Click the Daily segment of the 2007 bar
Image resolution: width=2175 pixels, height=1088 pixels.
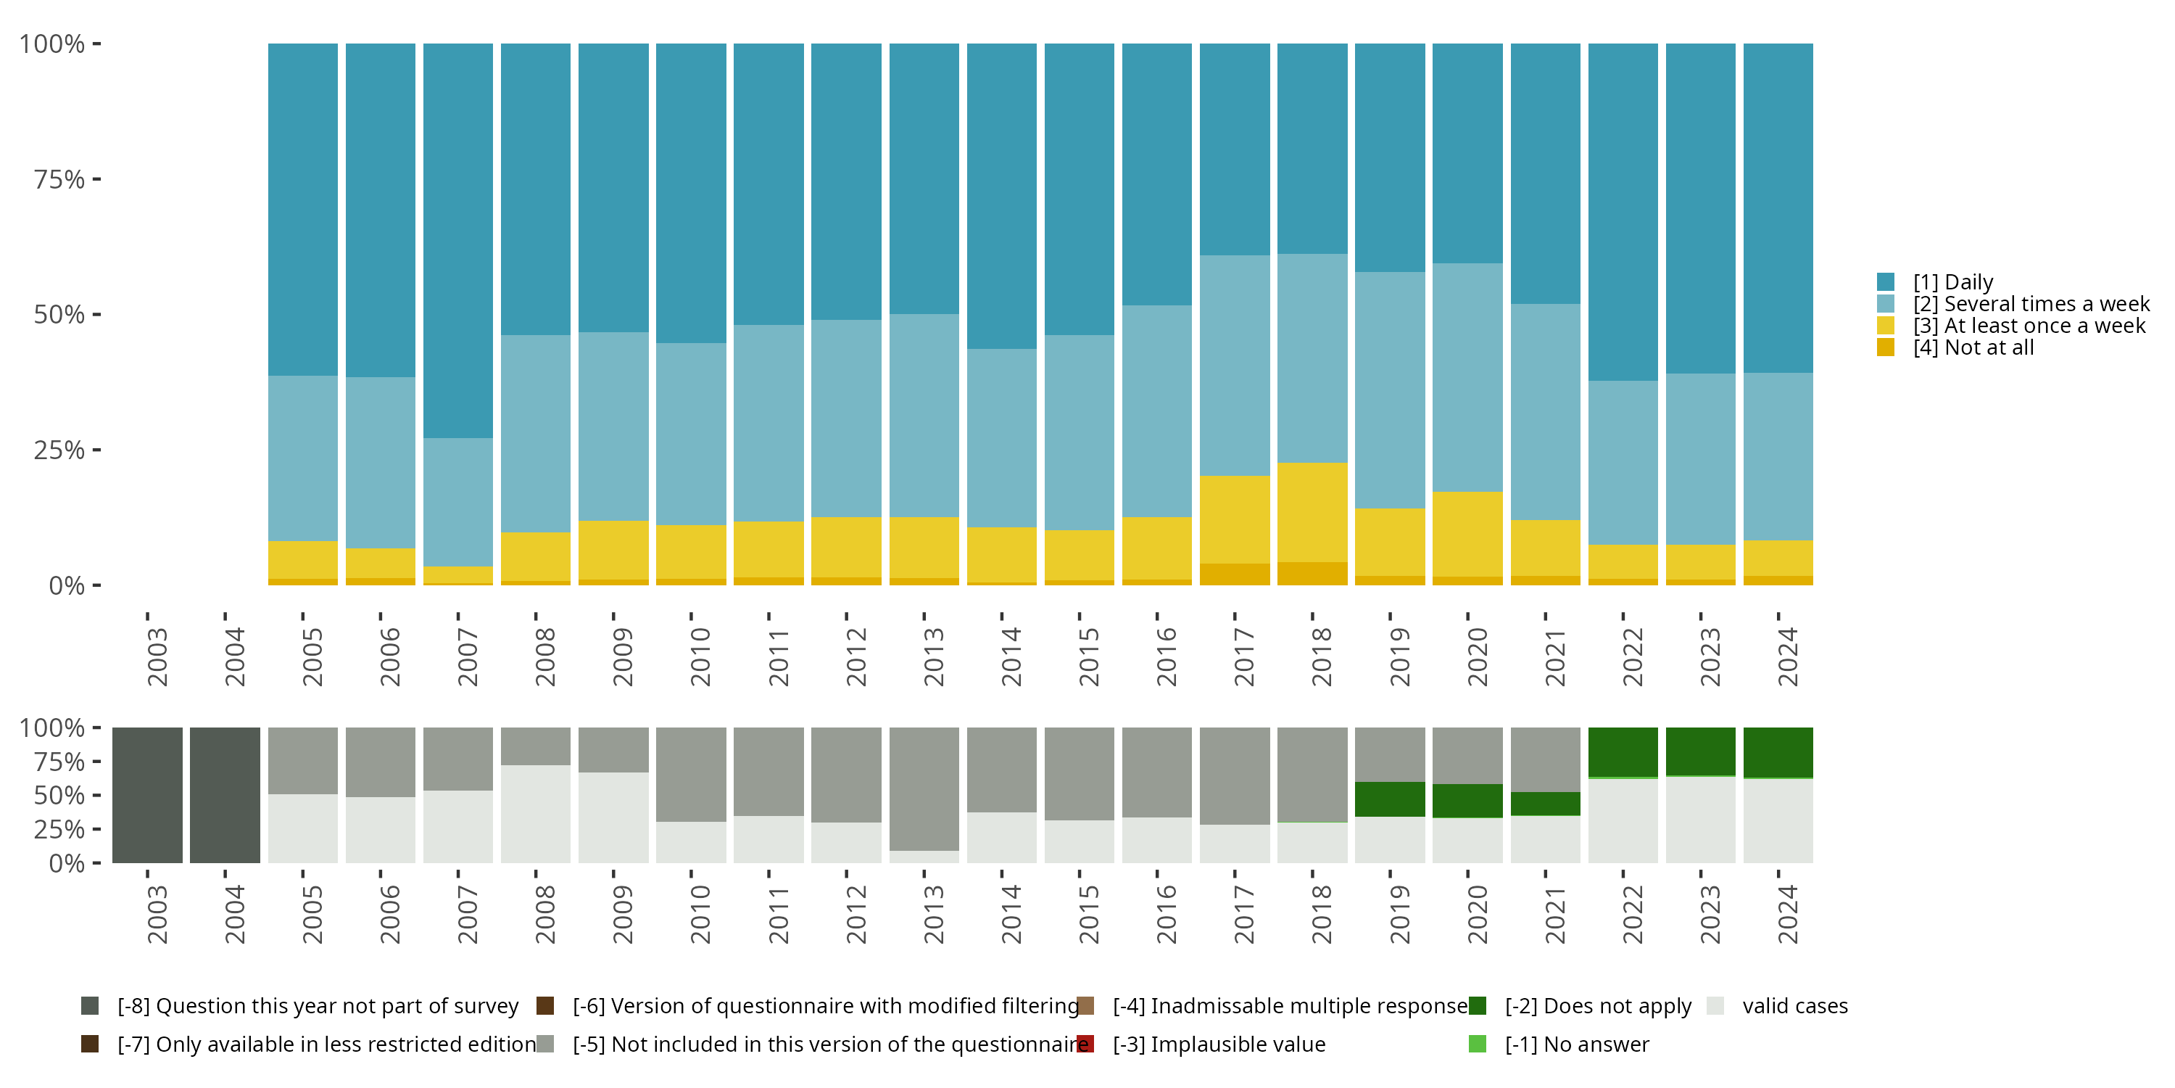[x=457, y=241]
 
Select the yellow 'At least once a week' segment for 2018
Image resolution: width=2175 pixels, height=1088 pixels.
[x=1312, y=512]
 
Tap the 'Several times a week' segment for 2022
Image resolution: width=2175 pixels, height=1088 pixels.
[x=1623, y=462]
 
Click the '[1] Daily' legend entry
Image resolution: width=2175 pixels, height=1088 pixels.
[x=1952, y=282]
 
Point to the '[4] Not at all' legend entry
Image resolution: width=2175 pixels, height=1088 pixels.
[x=1972, y=348]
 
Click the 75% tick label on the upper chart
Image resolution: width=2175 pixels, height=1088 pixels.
[x=59, y=180]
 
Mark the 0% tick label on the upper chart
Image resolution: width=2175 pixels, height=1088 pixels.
[x=67, y=585]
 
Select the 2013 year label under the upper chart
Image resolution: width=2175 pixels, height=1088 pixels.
[x=933, y=657]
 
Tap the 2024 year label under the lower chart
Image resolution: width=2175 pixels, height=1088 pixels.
[x=1787, y=915]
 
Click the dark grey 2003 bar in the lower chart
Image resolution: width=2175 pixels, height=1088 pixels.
[x=147, y=795]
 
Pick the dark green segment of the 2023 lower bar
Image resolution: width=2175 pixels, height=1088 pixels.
[x=1700, y=751]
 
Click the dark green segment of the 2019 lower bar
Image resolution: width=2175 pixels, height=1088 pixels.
[x=1390, y=799]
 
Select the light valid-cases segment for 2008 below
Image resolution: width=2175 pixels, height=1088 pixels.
[x=535, y=814]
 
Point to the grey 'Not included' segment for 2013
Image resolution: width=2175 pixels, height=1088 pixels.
[x=924, y=789]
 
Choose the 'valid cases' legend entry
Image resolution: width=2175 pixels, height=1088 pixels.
[x=1794, y=1006]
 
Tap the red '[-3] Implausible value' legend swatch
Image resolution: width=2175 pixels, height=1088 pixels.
[x=1087, y=1044]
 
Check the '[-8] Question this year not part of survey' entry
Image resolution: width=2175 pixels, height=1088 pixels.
[x=318, y=1006]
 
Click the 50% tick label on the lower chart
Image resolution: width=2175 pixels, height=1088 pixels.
[x=59, y=796]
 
